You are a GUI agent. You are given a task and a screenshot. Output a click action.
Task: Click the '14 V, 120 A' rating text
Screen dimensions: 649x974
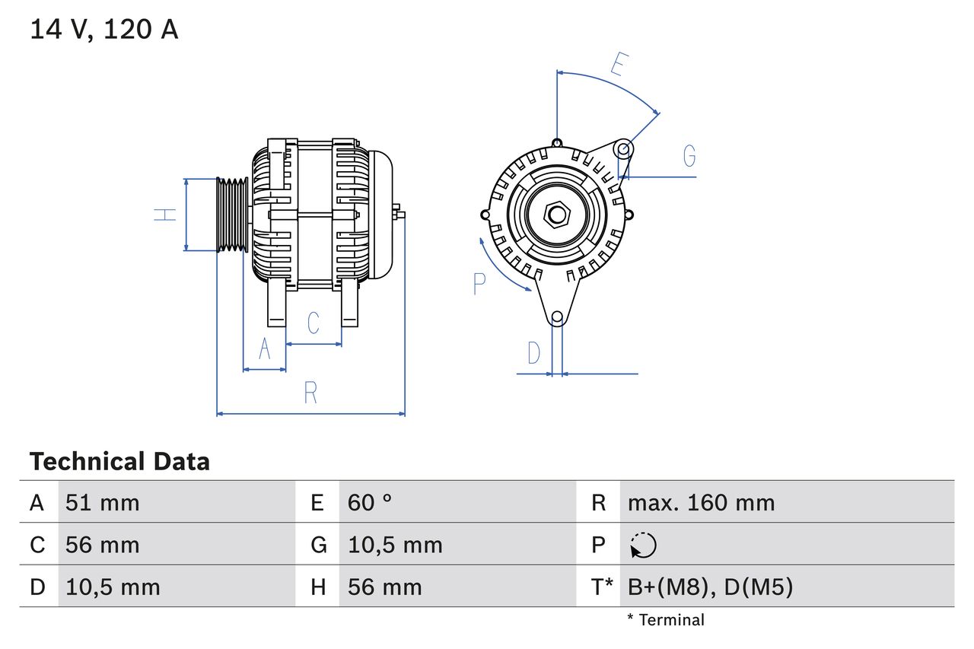[103, 30]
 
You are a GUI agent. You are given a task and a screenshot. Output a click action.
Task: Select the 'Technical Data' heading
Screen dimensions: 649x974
[119, 462]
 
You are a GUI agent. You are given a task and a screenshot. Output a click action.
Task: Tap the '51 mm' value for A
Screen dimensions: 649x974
[102, 502]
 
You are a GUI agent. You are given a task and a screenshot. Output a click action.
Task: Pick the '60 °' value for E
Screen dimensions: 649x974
[370, 502]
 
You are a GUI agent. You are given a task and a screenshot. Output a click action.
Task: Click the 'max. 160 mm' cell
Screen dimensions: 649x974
[701, 502]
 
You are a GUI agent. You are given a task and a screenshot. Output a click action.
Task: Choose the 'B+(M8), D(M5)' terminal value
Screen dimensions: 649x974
[710, 587]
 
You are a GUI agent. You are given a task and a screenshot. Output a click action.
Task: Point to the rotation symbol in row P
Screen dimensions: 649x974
[643, 545]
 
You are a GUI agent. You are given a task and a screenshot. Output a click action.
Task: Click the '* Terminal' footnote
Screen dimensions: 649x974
[666, 620]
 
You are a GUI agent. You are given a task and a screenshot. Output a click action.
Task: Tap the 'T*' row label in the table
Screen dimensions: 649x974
[602, 587]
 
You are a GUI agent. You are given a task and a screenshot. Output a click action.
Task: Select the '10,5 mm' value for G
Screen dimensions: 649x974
[395, 545]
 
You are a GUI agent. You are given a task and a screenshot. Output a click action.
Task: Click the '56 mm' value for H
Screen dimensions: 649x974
[384, 587]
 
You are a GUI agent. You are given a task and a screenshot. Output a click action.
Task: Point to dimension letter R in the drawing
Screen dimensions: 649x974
[310, 393]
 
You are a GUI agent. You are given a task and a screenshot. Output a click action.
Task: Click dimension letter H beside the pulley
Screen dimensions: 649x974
[165, 215]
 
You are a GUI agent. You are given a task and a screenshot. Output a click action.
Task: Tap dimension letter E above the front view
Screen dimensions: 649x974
[617, 65]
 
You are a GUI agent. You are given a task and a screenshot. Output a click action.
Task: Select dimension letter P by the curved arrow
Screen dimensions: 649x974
[479, 284]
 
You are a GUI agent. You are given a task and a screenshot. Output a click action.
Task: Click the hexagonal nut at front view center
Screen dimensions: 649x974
[557, 215]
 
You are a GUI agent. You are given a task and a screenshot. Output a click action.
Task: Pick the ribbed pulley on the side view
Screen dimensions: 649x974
[232, 215]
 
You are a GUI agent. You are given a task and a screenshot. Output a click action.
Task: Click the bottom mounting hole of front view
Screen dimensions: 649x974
[557, 317]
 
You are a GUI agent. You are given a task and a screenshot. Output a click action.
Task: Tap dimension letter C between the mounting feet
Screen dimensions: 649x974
[314, 323]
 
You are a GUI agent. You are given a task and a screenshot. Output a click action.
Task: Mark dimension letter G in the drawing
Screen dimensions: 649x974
[689, 156]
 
